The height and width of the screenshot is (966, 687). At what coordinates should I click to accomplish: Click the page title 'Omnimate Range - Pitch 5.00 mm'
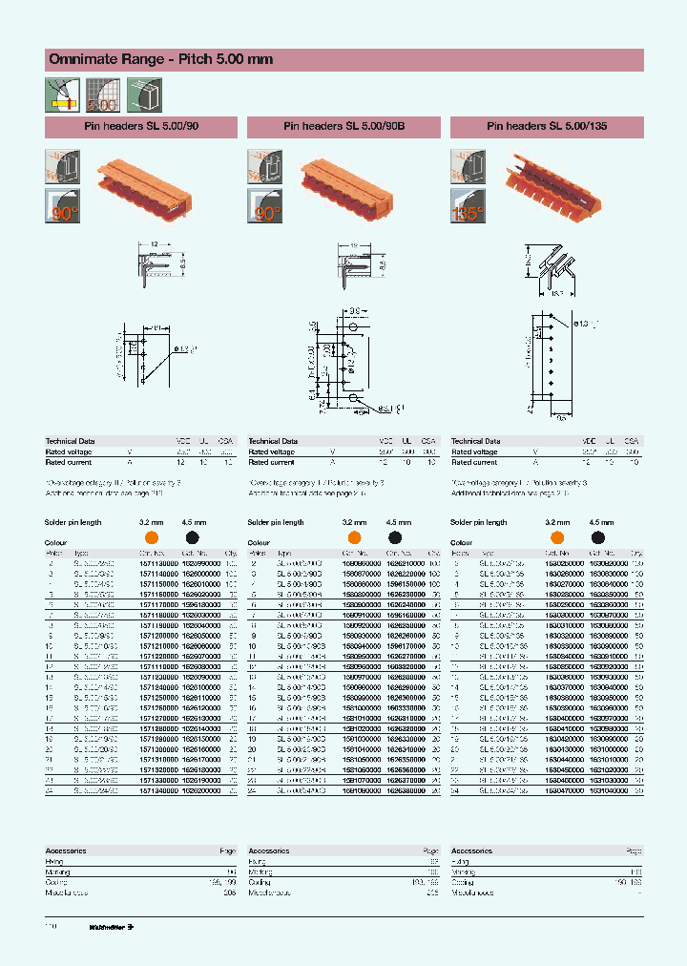click(160, 59)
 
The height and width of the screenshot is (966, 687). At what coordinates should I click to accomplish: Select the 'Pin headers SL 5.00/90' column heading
click(141, 126)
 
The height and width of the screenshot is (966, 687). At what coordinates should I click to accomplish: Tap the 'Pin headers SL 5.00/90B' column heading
click(343, 126)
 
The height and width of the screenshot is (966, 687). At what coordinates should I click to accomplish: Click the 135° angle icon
click(468, 207)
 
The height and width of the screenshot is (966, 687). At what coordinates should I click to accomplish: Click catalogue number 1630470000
click(558, 791)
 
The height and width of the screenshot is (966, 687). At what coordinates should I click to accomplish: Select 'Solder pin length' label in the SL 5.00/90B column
click(276, 523)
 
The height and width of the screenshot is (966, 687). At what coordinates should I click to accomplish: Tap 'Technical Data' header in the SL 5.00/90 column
click(69, 442)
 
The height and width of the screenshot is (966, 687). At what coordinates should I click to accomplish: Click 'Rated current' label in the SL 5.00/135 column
click(473, 462)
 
